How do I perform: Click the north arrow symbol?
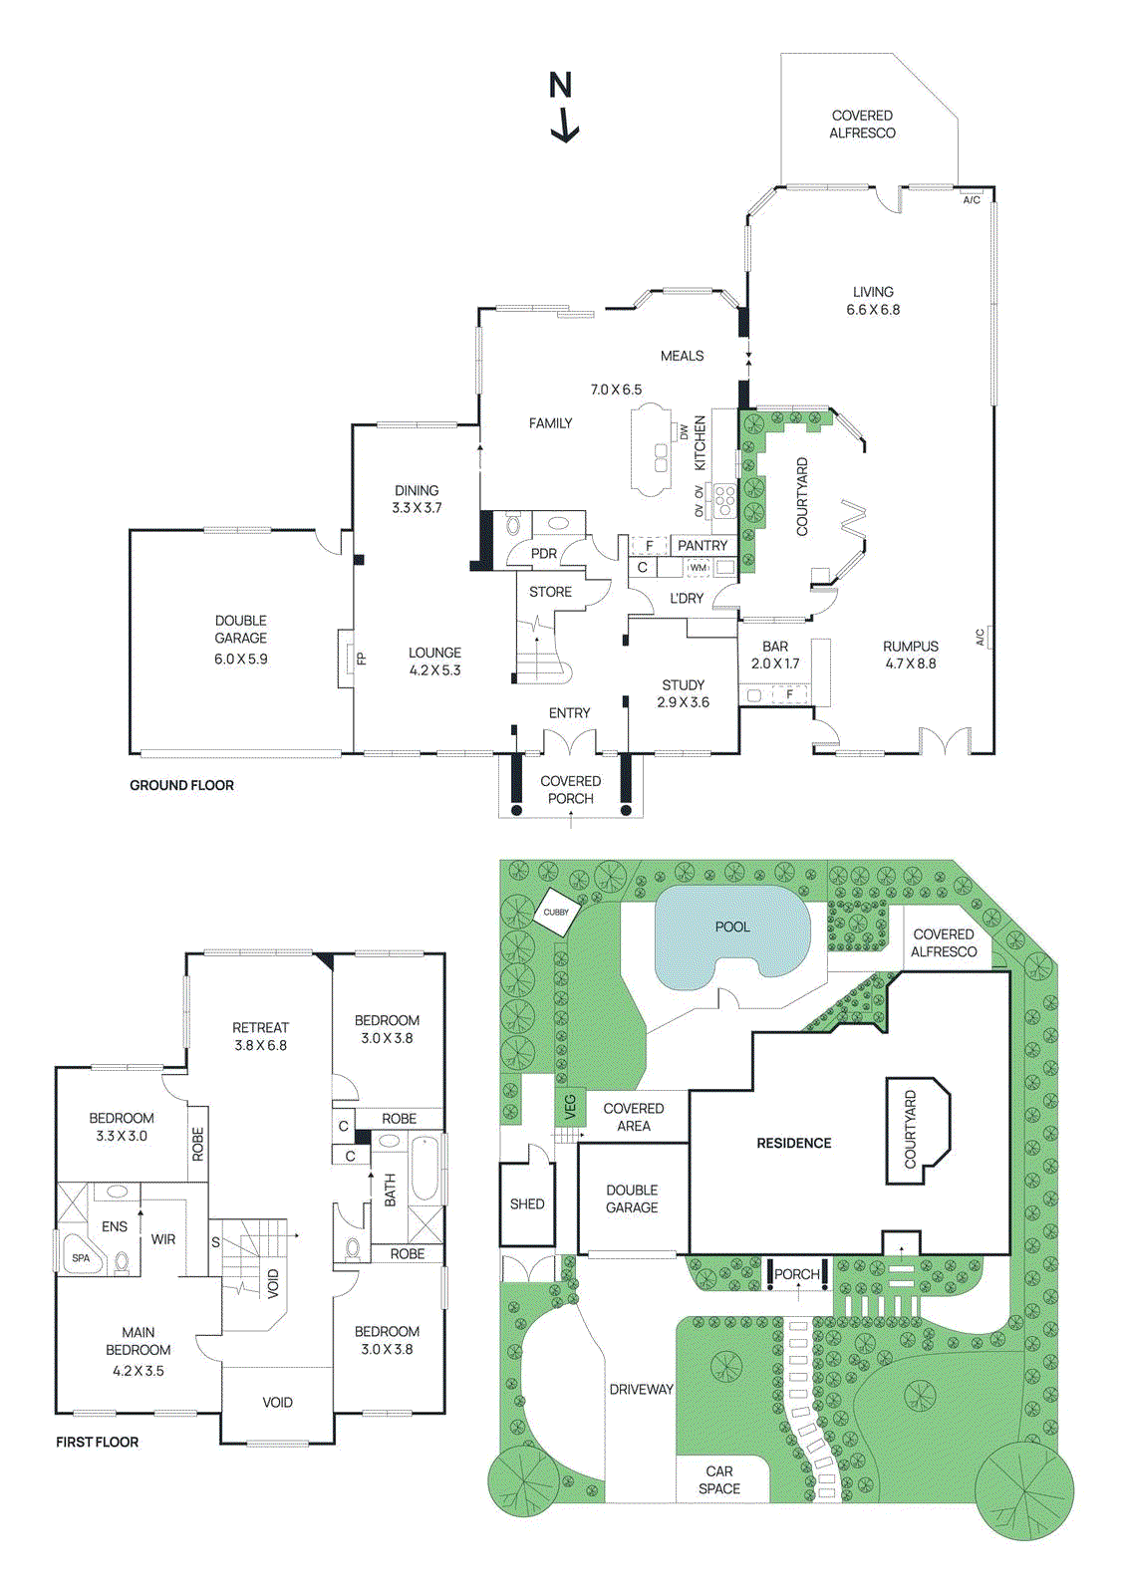pos(562,107)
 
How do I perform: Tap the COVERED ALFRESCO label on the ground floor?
pos(862,125)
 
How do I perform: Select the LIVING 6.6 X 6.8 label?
pos(873,301)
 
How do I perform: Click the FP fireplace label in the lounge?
pos(361,659)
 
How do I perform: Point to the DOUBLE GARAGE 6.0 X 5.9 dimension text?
pos(241,659)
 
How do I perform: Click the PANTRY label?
pos(702,546)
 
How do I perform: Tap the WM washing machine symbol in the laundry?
pos(698,568)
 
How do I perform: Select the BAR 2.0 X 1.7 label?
pos(774,655)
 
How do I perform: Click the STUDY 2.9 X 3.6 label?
pos(683,693)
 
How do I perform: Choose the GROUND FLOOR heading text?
pos(181,785)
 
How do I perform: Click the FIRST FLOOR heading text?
pos(97,1442)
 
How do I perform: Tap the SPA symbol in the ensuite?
pos(81,1258)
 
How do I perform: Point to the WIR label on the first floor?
pos(163,1239)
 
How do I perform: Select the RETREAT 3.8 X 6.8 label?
pos(260,1036)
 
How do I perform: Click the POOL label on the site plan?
pos(732,927)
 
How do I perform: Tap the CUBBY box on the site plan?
pos(556,913)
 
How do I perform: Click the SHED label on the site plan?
pos(527,1203)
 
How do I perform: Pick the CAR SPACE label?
pos(719,1479)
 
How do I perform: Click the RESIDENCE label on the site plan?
pos(793,1143)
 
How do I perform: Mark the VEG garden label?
pos(571,1106)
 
